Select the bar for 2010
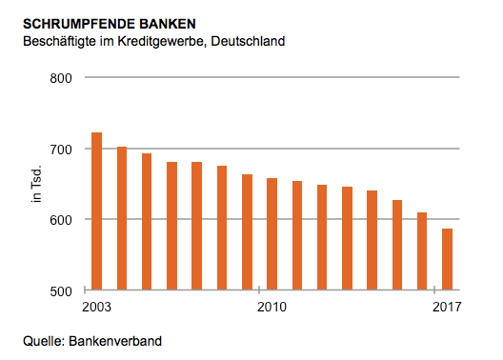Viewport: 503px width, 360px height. pos(272,234)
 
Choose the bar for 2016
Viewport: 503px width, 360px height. pos(422,251)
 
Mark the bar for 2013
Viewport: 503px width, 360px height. pos(347,239)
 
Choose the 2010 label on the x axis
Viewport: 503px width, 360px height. pos(272,307)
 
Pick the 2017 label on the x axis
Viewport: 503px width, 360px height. pos(446,307)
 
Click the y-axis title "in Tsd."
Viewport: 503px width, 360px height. pos(37,184)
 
